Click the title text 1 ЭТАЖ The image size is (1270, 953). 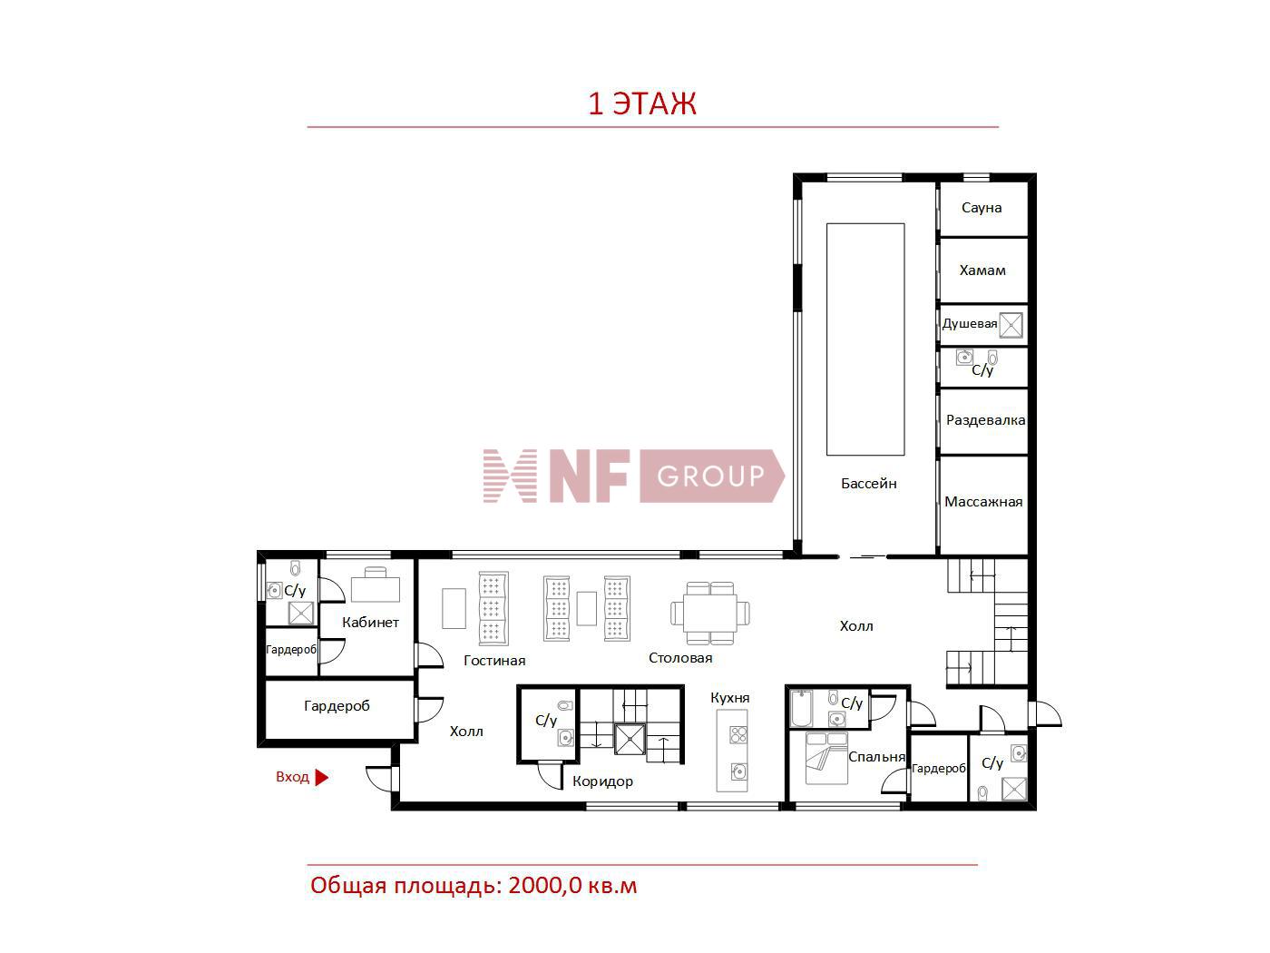pyautogui.click(x=642, y=103)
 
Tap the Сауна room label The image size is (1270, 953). pyautogui.click(x=982, y=208)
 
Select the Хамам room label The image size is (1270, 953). pyautogui.click(x=982, y=270)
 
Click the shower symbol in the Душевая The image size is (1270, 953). pyautogui.click(x=1011, y=324)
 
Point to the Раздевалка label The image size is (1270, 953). pyautogui.click(x=985, y=420)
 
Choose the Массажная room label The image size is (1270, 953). pyautogui.click(x=983, y=502)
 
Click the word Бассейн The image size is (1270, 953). pyautogui.click(x=868, y=484)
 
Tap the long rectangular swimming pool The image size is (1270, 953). pyautogui.click(x=865, y=339)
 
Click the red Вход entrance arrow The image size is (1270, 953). pyautogui.click(x=321, y=777)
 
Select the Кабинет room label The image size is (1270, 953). pyautogui.click(x=370, y=623)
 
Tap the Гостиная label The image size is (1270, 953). pyautogui.click(x=494, y=661)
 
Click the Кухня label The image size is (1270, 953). pyautogui.click(x=730, y=698)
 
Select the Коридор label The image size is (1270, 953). pyautogui.click(x=602, y=781)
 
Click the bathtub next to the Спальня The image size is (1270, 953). pyautogui.click(x=803, y=709)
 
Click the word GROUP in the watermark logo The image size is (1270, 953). pyautogui.click(x=710, y=476)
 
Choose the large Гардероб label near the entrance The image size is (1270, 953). pyautogui.click(x=337, y=706)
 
